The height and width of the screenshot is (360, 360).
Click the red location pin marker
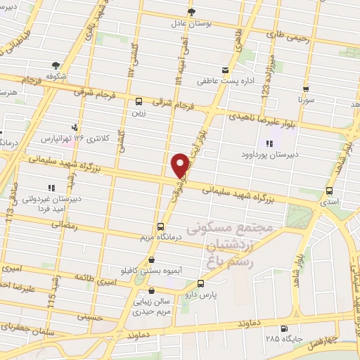click(181, 165)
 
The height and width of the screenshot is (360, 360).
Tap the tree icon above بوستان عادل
click(191, 12)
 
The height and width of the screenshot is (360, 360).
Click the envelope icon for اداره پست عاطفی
click(225, 70)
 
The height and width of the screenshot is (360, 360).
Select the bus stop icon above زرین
click(139, 101)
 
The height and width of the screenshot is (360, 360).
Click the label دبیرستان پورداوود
click(268, 153)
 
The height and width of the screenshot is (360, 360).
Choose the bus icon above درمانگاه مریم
click(161, 226)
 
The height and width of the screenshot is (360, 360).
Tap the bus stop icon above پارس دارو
click(202, 284)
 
